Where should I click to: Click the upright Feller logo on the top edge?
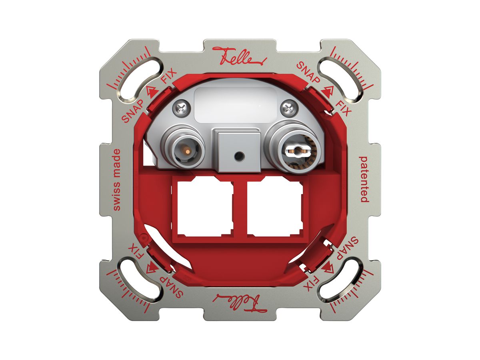pos(240,56)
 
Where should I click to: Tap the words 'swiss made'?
pos(116,180)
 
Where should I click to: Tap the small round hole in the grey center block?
pos(238,156)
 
